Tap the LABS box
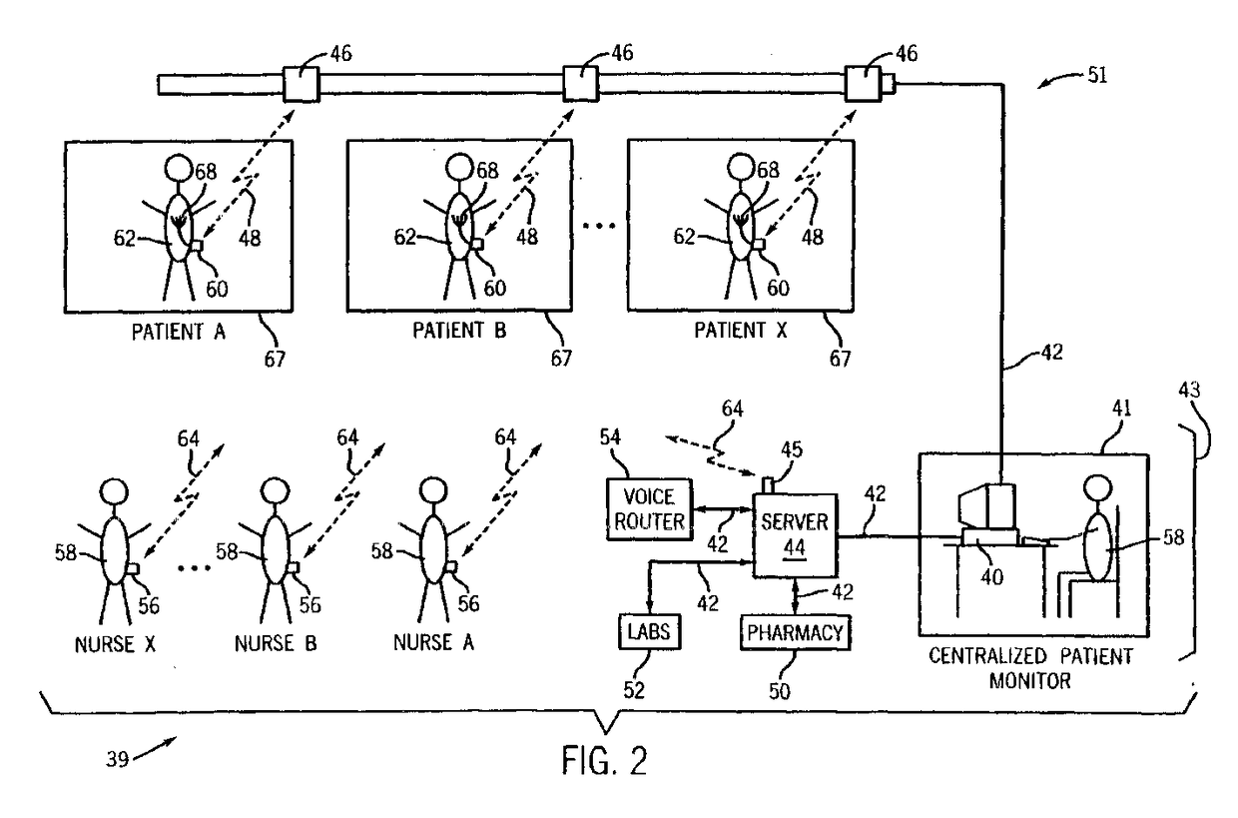[x=648, y=631]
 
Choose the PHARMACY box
[x=795, y=632]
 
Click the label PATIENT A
[x=178, y=332]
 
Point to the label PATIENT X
[x=739, y=332]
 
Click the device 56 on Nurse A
[x=451, y=568]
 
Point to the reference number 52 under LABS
[x=636, y=688]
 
